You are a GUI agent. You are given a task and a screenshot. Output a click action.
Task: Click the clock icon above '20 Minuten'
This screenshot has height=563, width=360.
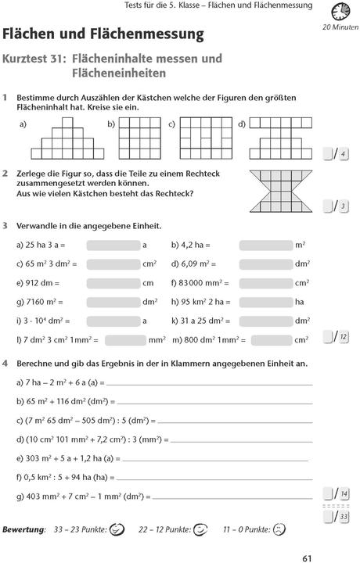339,12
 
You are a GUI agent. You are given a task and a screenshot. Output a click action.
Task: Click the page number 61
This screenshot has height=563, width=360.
308,557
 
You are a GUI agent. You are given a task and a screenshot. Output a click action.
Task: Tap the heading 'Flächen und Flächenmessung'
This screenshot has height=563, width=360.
103,34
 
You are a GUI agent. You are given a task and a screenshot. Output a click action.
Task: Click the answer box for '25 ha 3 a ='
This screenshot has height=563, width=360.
113,245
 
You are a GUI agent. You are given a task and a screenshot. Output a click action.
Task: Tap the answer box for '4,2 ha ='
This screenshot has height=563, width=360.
265,245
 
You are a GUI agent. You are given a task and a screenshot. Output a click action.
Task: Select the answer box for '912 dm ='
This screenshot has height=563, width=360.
113,282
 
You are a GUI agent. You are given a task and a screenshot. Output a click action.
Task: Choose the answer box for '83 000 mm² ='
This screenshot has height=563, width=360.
265,282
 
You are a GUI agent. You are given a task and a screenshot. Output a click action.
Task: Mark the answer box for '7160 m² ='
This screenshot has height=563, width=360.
113,301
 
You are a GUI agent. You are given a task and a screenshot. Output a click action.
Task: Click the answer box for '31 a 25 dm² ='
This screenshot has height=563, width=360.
265,320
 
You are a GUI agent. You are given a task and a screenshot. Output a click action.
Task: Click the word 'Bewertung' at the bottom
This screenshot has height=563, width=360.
24,530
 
